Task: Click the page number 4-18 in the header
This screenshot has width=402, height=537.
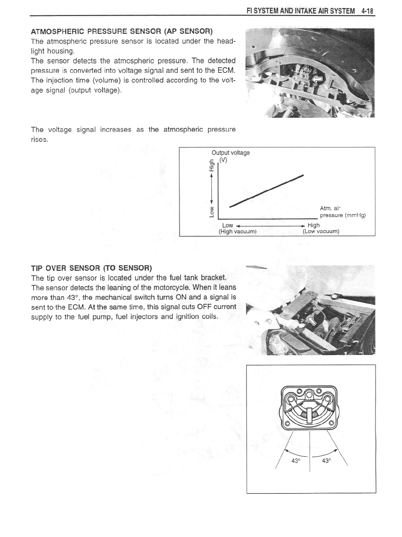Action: [367, 11]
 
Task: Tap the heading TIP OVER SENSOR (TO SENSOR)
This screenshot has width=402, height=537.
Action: [92, 268]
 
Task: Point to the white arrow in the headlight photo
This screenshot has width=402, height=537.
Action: [317, 80]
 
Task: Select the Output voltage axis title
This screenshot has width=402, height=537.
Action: [231, 153]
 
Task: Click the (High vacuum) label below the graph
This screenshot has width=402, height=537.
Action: [237, 231]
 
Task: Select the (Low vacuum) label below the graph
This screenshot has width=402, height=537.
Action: [321, 231]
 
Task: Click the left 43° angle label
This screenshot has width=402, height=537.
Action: [296, 461]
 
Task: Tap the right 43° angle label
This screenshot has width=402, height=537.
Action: [326, 461]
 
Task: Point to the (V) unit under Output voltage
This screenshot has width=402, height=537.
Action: [223, 160]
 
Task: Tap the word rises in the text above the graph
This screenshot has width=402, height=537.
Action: [41, 139]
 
